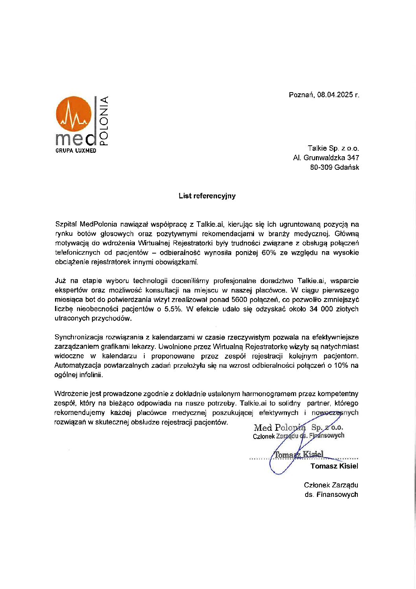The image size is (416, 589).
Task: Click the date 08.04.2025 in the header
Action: pyautogui.click(x=335, y=95)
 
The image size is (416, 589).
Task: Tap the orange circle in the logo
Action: pyautogui.click(x=74, y=114)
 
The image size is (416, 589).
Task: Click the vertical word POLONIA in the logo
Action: pyautogui.click(x=104, y=121)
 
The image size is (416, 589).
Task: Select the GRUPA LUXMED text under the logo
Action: pyautogui.click(x=76, y=151)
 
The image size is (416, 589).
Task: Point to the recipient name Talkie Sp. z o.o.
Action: pyautogui.click(x=333, y=148)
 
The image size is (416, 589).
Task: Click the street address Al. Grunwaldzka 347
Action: pyautogui.click(x=326, y=158)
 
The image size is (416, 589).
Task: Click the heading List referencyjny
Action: pyautogui.click(x=207, y=196)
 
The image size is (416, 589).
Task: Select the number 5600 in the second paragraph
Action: pyautogui.click(x=239, y=300)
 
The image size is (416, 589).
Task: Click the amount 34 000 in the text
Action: pyautogui.click(x=321, y=309)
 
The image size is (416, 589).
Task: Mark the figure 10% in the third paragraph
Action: pyautogui.click(x=340, y=365)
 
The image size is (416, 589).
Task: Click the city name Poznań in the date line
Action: pyautogui.click(x=301, y=95)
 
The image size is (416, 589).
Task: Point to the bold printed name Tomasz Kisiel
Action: pyautogui.click(x=334, y=466)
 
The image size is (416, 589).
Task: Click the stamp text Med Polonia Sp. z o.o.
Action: pyautogui.click(x=298, y=428)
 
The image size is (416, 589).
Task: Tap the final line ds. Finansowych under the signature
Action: pyautogui.click(x=331, y=495)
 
